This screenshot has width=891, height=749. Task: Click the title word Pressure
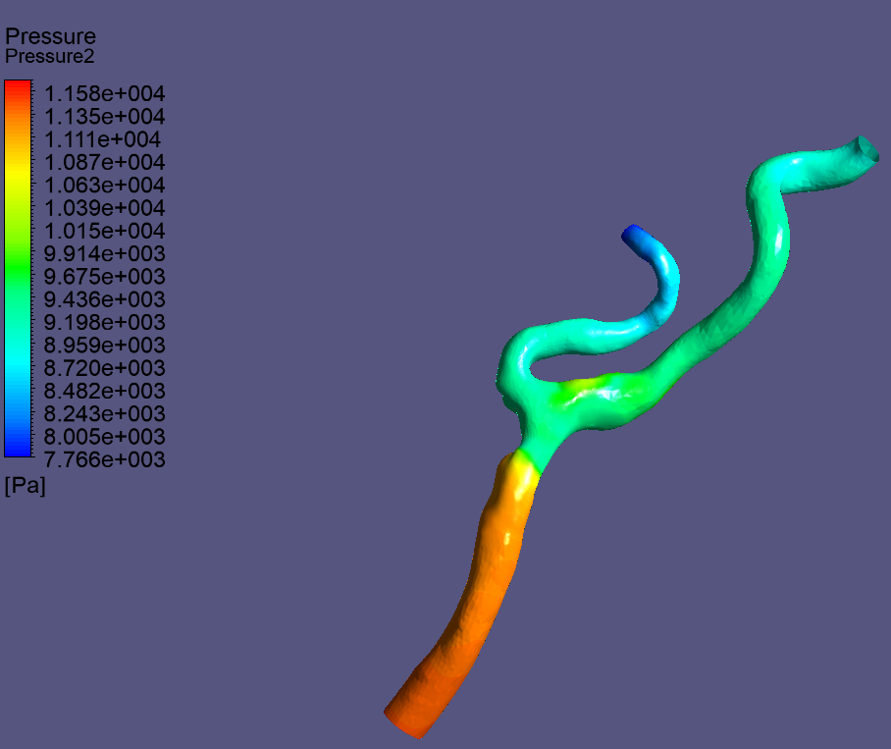pyautogui.click(x=51, y=36)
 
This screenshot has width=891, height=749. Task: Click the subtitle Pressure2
pyautogui.click(x=49, y=56)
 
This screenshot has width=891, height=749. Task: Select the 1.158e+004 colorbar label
pyautogui.click(x=105, y=93)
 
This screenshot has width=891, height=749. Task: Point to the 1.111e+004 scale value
pyautogui.click(x=102, y=139)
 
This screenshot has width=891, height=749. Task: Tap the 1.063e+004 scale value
pyautogui.click(x=105, y=185)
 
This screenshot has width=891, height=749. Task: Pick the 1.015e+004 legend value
pyautogui.click(x=105, y=231)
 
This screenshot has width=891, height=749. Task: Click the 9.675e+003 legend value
pyautogui.click(x=105, y=276)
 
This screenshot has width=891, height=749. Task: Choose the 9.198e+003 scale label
pyautogui.click(x=105, y=322)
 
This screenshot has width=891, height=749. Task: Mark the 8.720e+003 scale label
pyautogui.click(x=105, y=368)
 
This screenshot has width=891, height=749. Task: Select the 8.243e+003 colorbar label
pyautogui.click(x=105, y=413)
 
